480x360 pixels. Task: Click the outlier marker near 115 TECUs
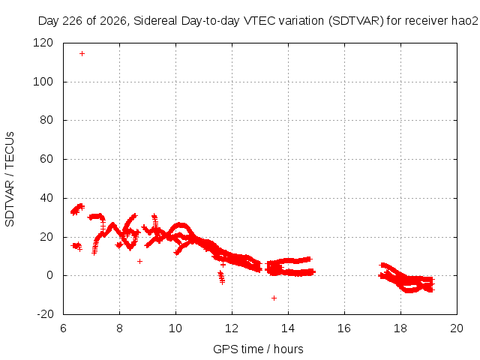point(82,53)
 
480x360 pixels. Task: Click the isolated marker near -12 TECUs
point(274,298)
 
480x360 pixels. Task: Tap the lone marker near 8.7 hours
point(139,261)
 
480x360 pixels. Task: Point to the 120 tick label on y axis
point(43,43)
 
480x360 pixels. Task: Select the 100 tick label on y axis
point(43,82)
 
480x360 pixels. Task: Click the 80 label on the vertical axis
point(46,120)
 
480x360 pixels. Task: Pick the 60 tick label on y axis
point(46,159)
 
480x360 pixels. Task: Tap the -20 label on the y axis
point(45,314)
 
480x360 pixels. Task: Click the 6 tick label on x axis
point(63,328)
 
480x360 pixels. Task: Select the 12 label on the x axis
point(232,328)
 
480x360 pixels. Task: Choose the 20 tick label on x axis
point(457,328)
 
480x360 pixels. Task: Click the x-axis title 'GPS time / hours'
point(258,349)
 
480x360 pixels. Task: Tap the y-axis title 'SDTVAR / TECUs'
point(10,179)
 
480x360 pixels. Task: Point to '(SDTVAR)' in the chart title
point(355,21)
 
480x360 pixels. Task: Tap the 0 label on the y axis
point(50,275)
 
